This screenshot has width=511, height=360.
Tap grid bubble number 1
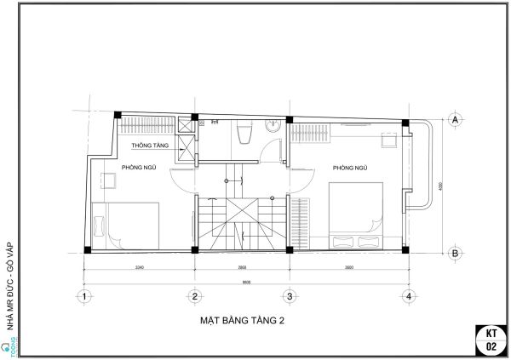[x=83, y=296]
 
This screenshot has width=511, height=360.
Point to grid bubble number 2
[x=194, y=296]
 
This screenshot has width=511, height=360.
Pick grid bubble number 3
[x=289, y=296]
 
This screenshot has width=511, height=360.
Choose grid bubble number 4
[x=410, y=296]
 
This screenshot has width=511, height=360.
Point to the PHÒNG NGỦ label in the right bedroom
[x=349, y=168]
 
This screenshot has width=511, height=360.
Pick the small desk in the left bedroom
[x=109, y=180]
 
